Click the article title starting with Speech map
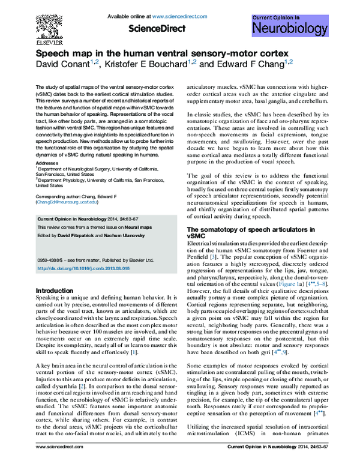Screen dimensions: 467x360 pos(160,54)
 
